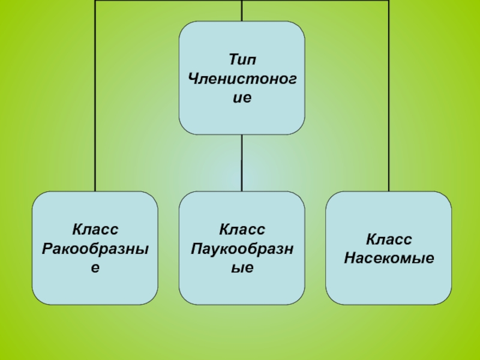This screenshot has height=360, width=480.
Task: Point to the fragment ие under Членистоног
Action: click(242, 98)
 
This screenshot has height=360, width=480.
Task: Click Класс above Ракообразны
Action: click(95, 229)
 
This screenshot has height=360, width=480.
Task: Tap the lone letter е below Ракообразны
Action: click(95, 268)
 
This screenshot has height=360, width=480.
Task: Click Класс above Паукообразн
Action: click(242, 229)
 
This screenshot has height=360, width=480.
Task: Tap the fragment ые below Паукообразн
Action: click(242, 268)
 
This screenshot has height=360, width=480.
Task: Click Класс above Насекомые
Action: click(388, 239)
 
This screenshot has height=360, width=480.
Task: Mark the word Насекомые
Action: click(388, 259)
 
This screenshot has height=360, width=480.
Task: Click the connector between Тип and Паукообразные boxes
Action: click(242, 163)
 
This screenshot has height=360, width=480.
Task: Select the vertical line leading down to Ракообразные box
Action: click(95, 96)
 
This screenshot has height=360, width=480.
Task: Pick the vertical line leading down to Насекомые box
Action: click(388, 96)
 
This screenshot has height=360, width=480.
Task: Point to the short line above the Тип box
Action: click(242, 10)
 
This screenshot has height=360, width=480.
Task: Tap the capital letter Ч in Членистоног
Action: click(193, 79)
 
